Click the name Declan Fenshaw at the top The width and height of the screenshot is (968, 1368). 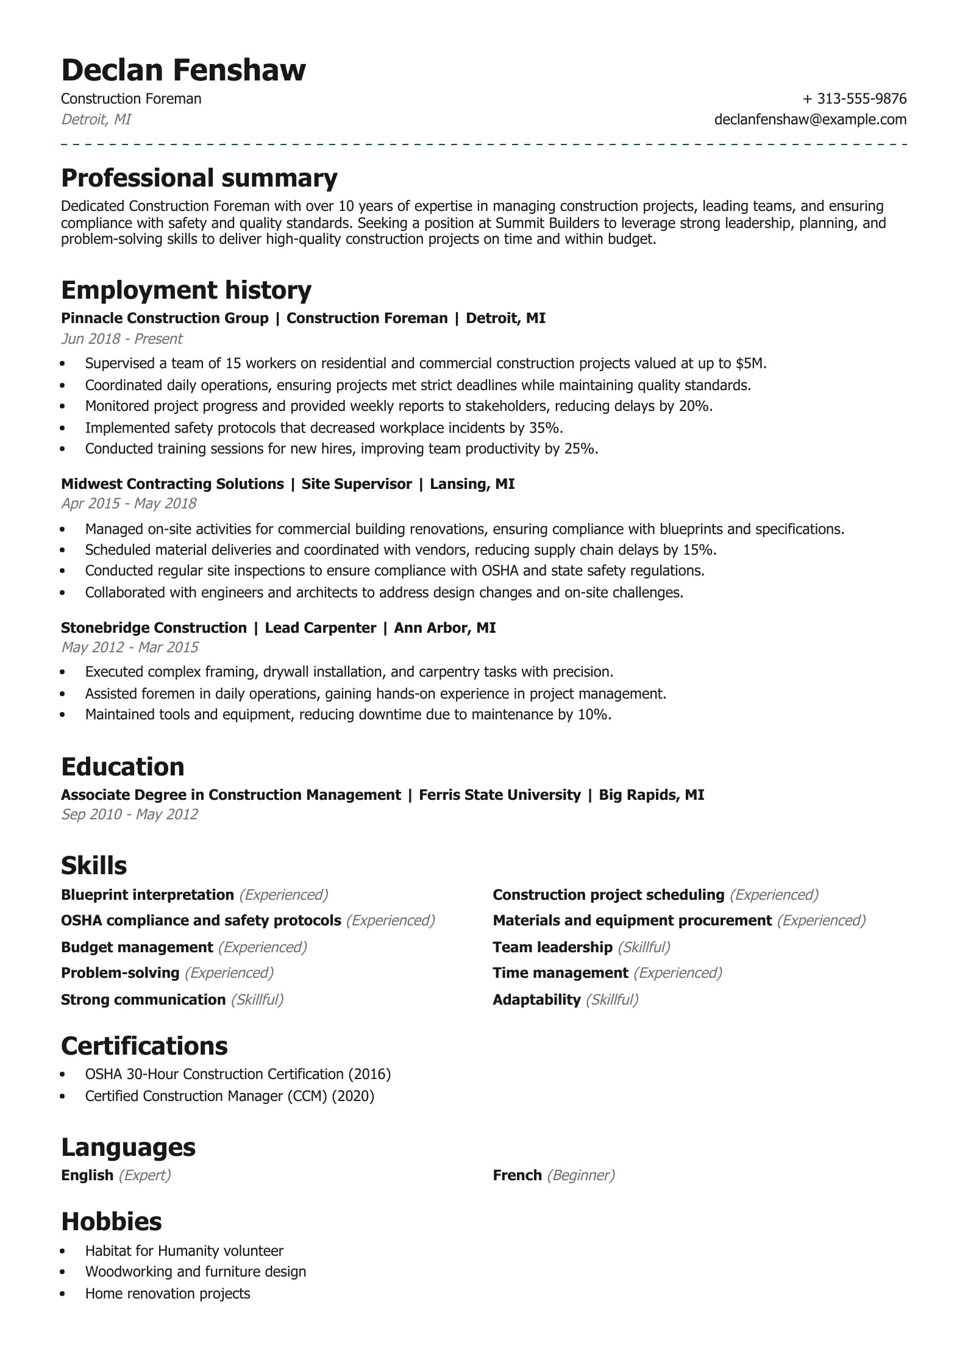click(183, 70)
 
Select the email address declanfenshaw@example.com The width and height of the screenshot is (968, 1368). click(810, 119)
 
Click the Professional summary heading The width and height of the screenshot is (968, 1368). click(199, 178)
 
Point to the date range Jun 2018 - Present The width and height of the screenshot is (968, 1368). click(122, 339)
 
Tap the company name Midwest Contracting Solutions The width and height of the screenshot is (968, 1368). click(173, 484)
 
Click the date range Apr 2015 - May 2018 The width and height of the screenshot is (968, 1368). click(129, 504)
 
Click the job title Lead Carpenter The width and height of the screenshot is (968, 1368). click(320, 628)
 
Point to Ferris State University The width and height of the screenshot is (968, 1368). click(500, 795)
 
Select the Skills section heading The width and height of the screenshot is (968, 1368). click(94, 866)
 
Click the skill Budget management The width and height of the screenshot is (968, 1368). click(137, 947)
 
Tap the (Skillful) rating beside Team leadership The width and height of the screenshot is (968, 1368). click(644, 947)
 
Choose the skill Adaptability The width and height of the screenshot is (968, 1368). click(536, 1000)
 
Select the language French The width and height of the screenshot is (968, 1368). click(517, 1175)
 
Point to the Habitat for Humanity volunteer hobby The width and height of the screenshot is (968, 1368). click(184, 1251)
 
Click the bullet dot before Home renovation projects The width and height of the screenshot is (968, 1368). click(63, 1294)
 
